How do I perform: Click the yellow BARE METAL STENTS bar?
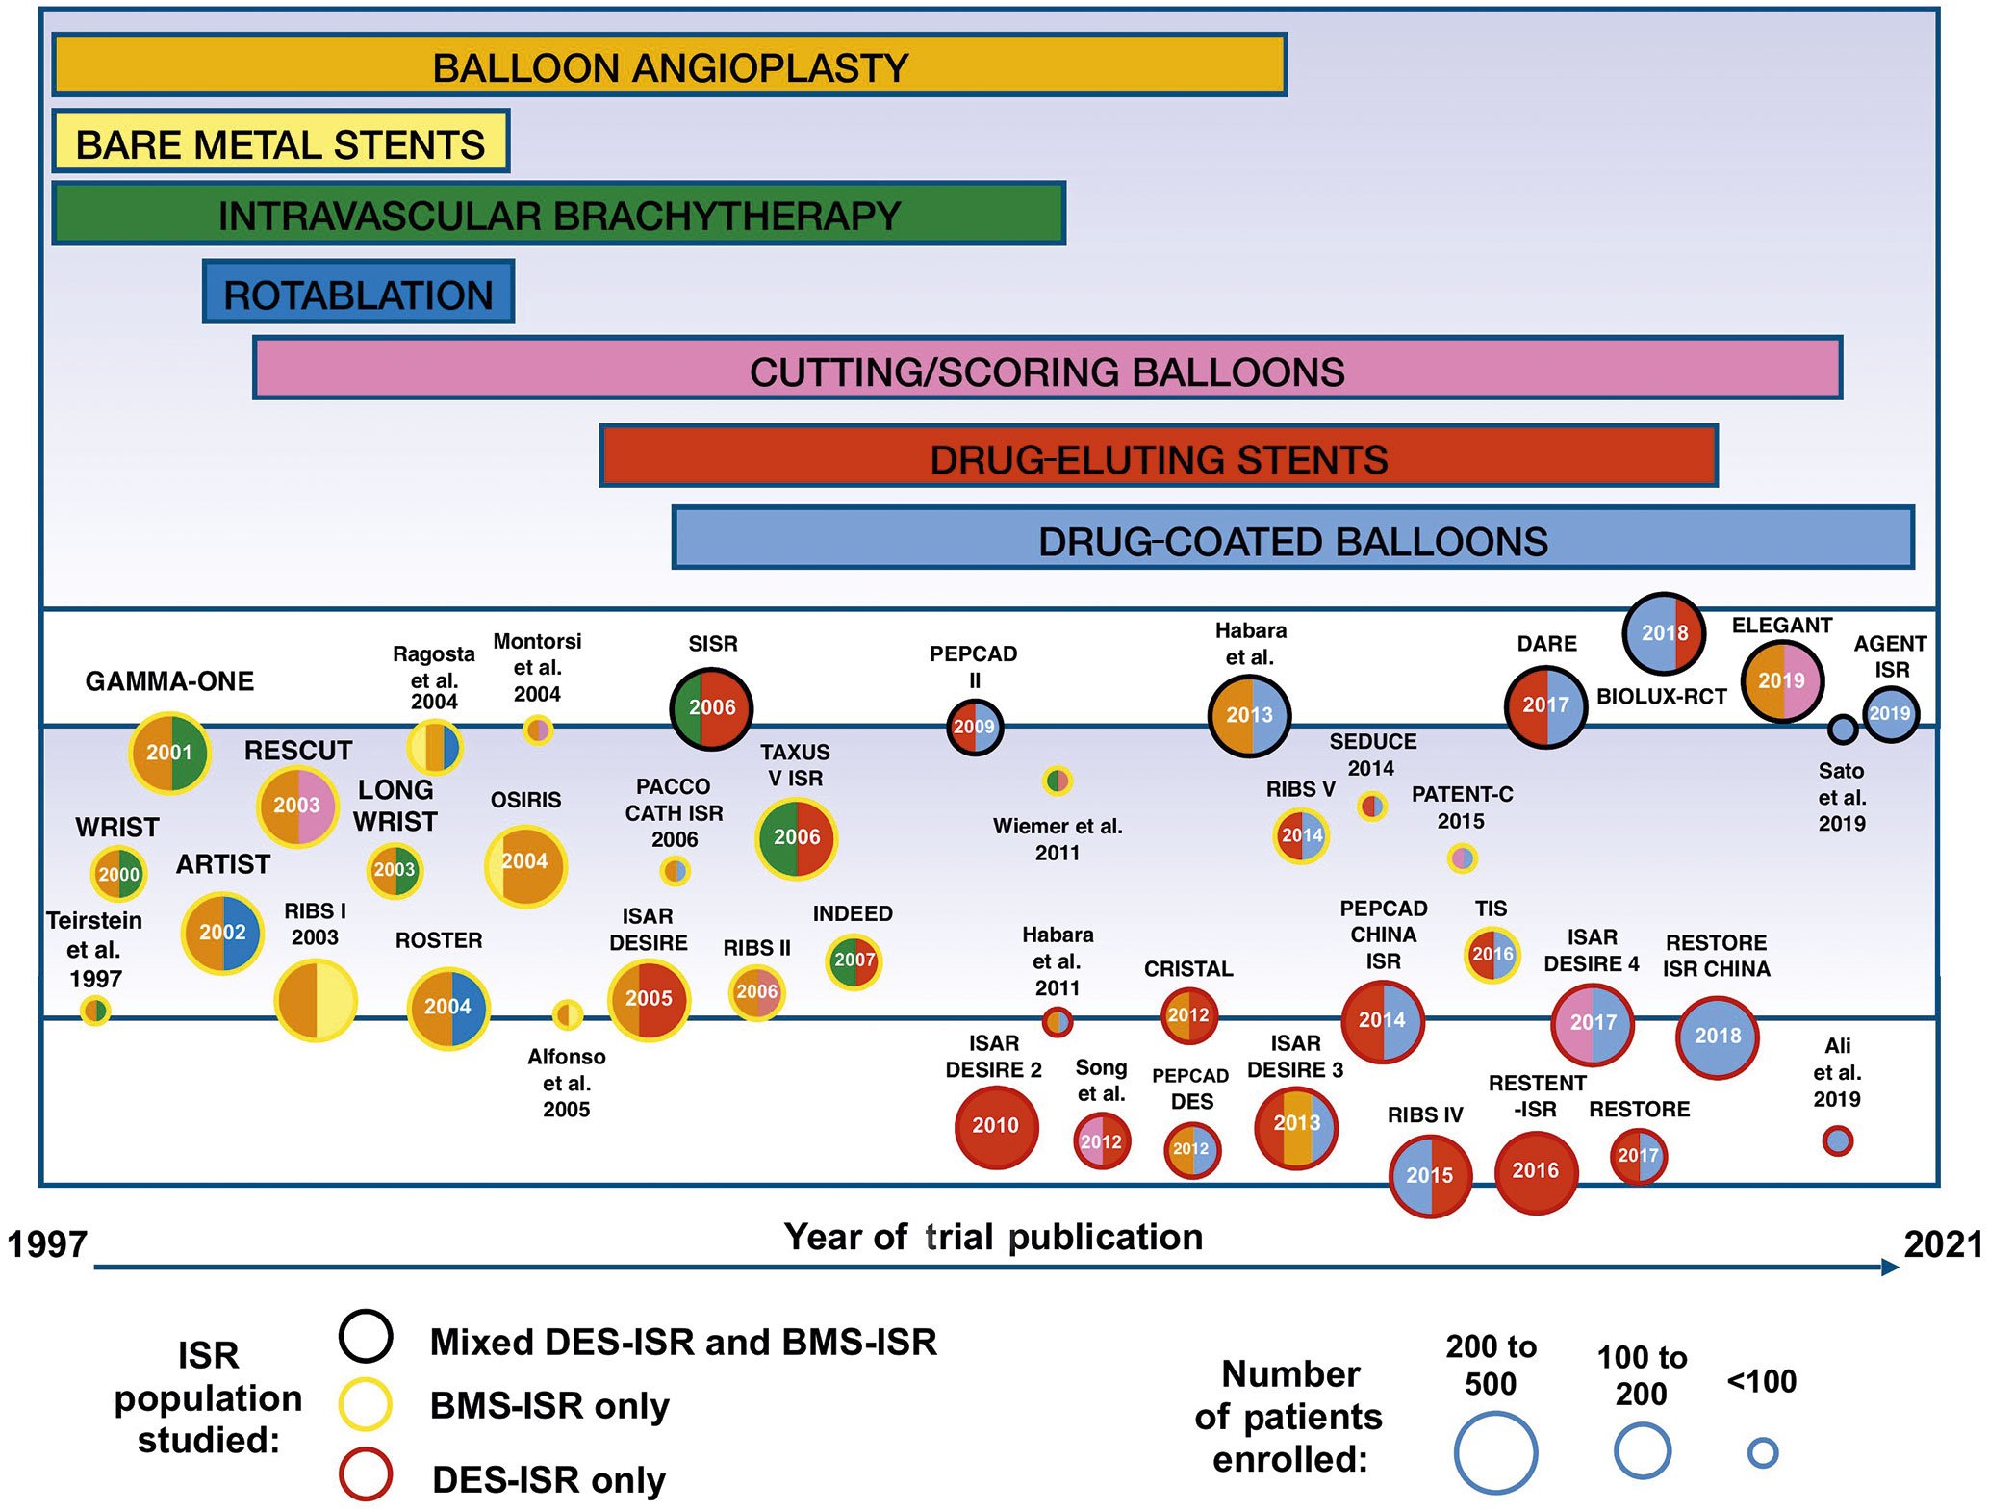280,141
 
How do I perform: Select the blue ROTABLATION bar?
358,292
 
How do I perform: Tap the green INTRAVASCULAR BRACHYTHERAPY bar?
558,214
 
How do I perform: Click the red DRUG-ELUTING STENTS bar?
1158,456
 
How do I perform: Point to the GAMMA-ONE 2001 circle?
170,753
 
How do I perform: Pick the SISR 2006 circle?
711,708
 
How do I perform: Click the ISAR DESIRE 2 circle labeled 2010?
996,1126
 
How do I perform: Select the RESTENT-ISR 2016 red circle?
1535,1171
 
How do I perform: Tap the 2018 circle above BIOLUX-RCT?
1664,633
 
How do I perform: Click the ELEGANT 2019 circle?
1782,681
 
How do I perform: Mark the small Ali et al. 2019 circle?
1837,1141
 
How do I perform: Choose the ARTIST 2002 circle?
222,933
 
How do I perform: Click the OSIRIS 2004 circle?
525,863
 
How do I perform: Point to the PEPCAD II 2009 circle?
975,728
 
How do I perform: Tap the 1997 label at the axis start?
47,1244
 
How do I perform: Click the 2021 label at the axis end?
1943,1244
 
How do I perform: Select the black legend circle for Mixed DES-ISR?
366,1337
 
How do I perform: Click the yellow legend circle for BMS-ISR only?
366,1405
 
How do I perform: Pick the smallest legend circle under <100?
1762,1452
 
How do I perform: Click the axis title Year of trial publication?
993,1238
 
